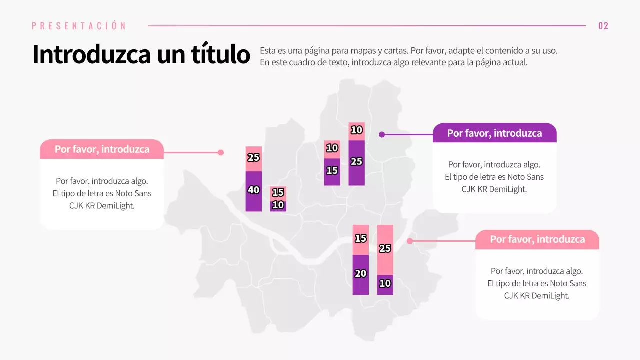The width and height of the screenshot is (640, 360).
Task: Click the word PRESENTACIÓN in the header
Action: (x=79, y=26)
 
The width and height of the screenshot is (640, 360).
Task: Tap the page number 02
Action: (x=603, y=26)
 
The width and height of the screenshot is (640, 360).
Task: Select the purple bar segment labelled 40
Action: (x=253, y=192)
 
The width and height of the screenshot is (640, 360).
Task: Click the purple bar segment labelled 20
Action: (x=360, y=275)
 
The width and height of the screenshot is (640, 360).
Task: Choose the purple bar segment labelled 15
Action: (x=332, y=172)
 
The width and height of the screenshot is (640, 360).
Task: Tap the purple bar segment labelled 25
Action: (x=356, y=163)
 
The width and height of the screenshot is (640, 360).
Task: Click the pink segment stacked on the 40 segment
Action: (x=253, y=159)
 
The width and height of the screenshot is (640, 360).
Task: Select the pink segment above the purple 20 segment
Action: (x=360, y=240)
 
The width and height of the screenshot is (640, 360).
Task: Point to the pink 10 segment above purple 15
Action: (x=332, y=149)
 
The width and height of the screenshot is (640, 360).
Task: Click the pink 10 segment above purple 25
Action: (x=356, y=131)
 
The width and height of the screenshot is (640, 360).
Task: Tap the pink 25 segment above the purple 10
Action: (x=385, y=250)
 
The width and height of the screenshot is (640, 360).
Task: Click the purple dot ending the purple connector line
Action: (x=382, y=134)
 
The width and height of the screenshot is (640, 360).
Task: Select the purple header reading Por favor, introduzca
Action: (x=494, y=133)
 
